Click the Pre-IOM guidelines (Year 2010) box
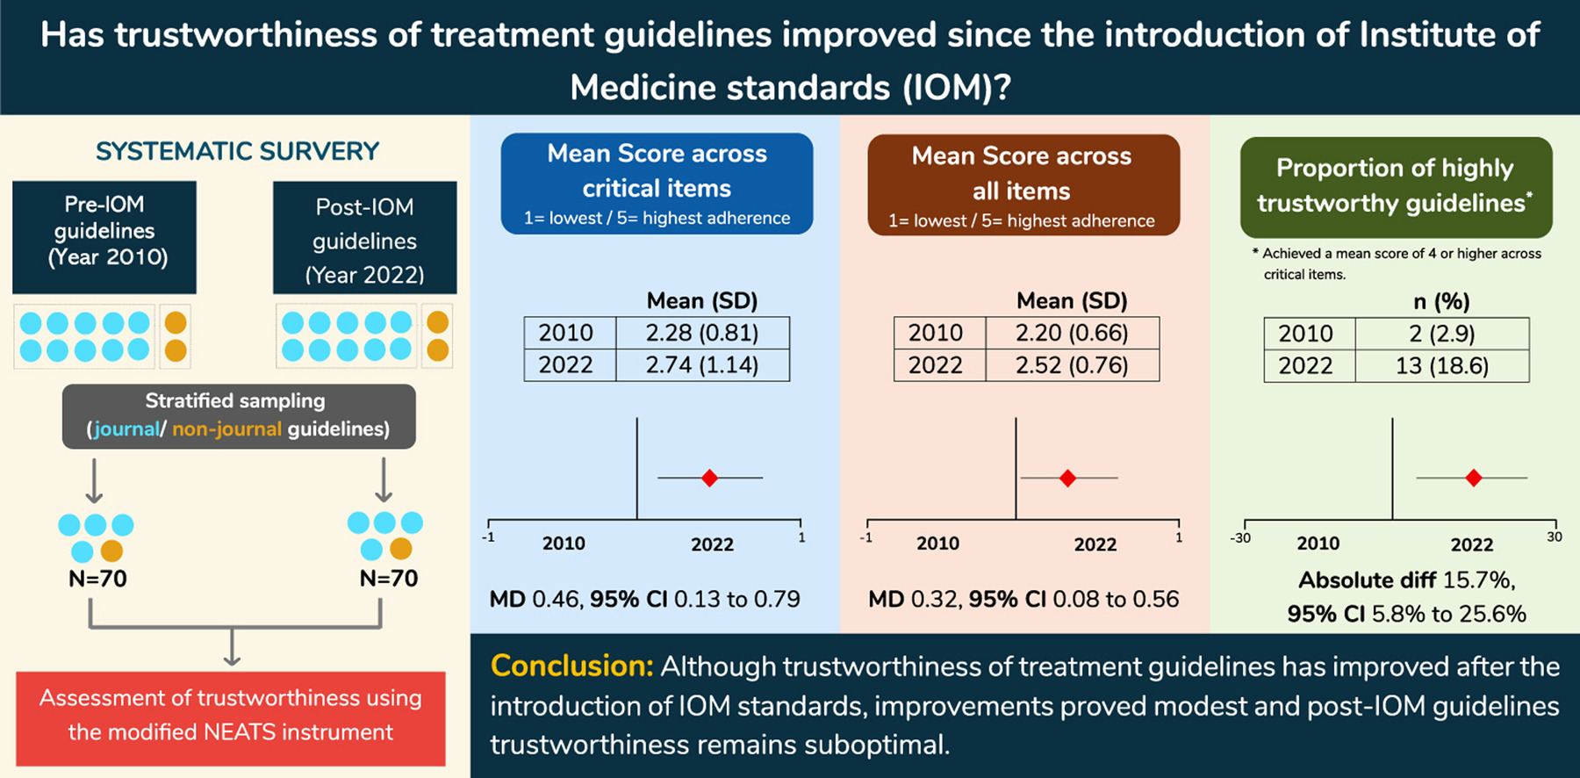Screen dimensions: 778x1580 coord(104,237)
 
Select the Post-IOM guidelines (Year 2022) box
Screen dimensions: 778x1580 coord(364,238)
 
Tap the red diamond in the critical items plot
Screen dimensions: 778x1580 coord(709,478)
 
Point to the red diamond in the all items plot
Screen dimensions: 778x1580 coord(1067,478)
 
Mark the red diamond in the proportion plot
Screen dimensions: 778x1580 coord(1474,478)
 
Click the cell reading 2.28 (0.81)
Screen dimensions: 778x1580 coord(702,333)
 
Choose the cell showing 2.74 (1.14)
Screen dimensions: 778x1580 coord(702,365)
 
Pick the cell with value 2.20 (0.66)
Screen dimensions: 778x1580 coord(1072,333)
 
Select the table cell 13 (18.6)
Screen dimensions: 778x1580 coord(1441,366)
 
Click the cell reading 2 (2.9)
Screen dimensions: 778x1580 coord(1441,334)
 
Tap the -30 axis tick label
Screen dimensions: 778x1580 coord(1240,537)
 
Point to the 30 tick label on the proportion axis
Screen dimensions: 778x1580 coord(1555,537)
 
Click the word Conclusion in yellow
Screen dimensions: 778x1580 coord(571,666)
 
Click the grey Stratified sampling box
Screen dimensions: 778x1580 coord(239,416)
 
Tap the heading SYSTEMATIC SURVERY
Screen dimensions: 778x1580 coord(237,152)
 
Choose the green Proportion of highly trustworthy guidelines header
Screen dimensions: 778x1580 coord(1396,186)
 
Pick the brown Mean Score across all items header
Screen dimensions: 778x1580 coord(1023,184)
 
